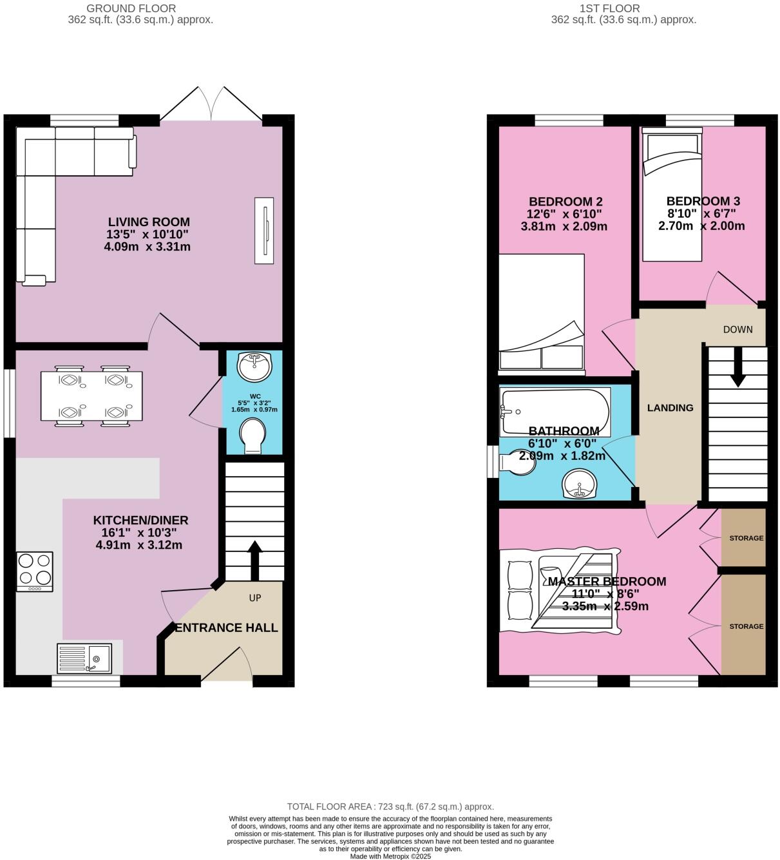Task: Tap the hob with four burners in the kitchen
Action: [35, 571]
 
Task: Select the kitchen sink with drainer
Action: [84, 658]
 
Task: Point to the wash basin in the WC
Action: [254, 367]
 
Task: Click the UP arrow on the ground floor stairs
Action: [254, 560]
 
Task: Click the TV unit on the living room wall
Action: [264, 230]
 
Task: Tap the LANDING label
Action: [670, 408]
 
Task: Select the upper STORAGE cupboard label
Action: [746, 538]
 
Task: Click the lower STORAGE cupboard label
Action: [746, 626]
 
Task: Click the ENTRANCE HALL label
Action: [227, 627]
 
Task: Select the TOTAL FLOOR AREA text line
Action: [390, 807]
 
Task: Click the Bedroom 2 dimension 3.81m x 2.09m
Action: [564, 226]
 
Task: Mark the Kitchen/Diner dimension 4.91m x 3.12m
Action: [139, 545]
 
